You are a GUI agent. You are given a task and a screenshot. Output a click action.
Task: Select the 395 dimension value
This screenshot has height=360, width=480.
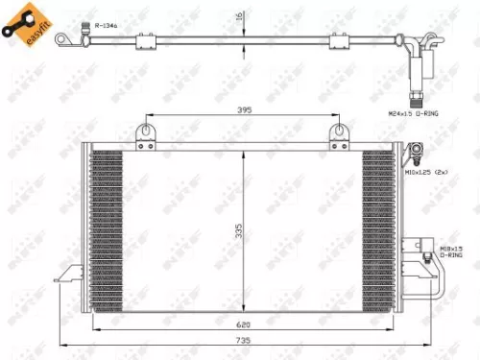pyautogui.click(x=244, y=111)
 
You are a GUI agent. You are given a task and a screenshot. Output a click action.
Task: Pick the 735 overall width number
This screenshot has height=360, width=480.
pyautogui.click(x=246, y=341)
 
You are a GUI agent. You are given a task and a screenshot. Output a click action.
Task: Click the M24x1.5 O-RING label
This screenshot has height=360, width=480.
pyautogui.click(x=414, y=112)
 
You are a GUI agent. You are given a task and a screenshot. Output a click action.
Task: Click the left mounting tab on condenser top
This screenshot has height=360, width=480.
pyautogui.click(x=146, y=134)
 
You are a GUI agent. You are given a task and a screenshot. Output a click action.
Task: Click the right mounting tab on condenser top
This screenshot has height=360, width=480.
pyautogui.click(x=338, y=134)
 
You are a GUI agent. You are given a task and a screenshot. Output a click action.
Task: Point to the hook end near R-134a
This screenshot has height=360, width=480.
pyautogui.click(x=63, y=38)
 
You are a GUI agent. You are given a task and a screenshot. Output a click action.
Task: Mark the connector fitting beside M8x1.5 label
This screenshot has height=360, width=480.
pyautogui.click(x=425, y=257)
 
